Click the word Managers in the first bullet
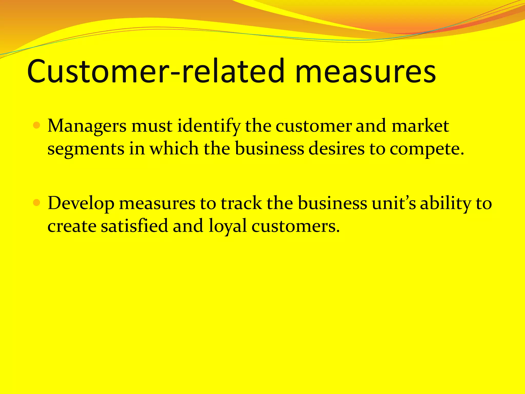[x=87, y=126]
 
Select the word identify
[x=209, y=126]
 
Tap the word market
[x=420, y=126]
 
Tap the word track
[x=241, y=203]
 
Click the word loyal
[x=227, y=226]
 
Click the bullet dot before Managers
[x=37, y=126]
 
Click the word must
[x=152, y=126]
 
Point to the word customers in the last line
[x=296, y=226]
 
